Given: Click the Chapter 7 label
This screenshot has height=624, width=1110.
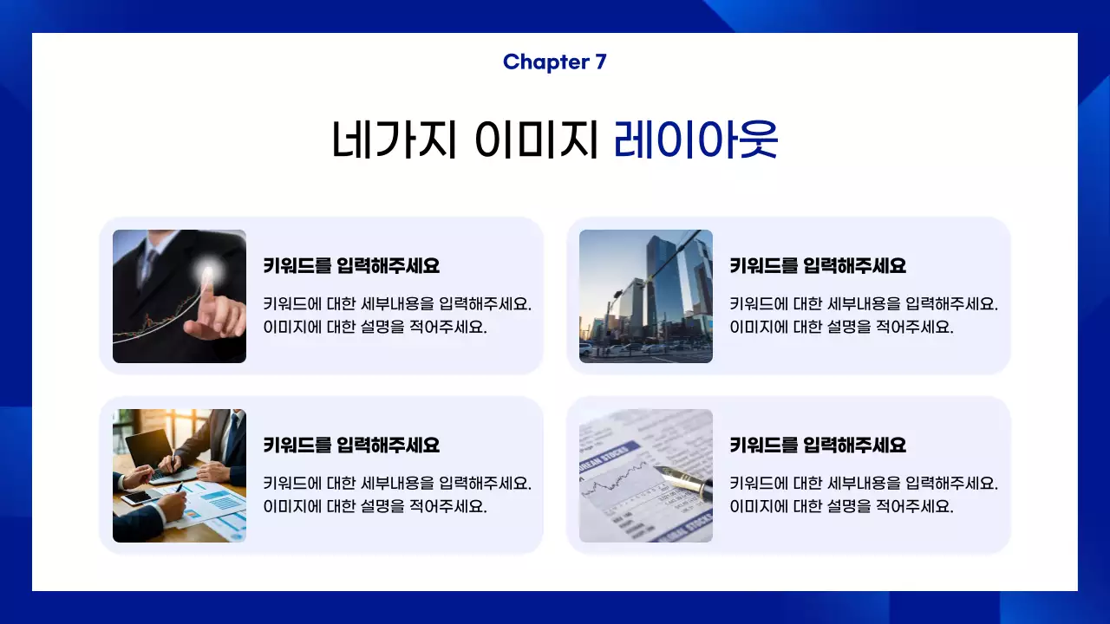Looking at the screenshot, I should (555, 62).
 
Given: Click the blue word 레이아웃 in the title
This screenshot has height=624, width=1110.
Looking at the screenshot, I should (695, 139).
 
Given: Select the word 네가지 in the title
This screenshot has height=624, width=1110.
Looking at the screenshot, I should (394, 139).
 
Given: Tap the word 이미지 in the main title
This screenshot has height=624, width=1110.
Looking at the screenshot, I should (538, 139).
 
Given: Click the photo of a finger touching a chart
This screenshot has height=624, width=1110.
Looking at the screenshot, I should (180, 296).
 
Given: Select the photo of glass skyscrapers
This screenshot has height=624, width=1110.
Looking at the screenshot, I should (646, 296).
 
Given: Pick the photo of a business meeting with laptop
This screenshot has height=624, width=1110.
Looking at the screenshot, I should (180, 476).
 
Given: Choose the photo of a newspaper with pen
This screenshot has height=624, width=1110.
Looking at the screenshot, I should (646, 476).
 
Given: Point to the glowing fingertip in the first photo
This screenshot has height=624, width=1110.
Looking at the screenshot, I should (207, 273).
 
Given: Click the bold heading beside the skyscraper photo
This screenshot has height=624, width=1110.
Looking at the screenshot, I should (818, 266).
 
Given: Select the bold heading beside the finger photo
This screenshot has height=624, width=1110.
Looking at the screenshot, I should (351, 266).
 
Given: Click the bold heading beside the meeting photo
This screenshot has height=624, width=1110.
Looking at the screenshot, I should (351, 445).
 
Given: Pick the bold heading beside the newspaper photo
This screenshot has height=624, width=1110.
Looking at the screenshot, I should (818, 445).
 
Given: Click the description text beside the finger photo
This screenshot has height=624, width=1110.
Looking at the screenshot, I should (397, 315).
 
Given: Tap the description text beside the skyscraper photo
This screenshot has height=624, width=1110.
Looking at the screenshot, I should (864, 315).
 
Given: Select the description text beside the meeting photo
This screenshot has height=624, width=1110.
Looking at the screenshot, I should (397, 495).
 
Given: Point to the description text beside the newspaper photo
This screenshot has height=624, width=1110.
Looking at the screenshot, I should (864, 495).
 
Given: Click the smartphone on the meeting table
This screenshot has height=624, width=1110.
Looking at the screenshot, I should (136, 497).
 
